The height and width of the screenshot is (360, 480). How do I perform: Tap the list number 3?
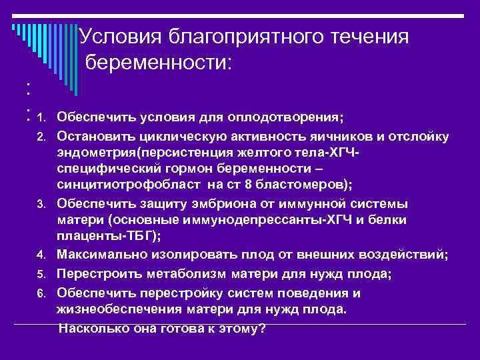pyautogui.click(x=41, y=203)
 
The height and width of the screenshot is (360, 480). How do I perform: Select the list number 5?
pyautogui.click(x=41, y=274)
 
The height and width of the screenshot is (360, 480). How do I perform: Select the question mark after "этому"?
pyautogui.click(x=262, y=328)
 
